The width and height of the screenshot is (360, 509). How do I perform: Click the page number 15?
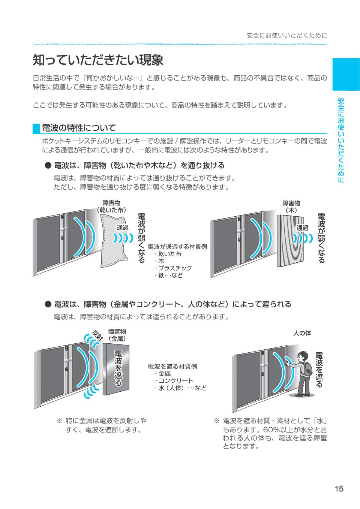pos(339,488)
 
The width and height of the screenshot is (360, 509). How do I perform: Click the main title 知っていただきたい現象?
pos(98,60)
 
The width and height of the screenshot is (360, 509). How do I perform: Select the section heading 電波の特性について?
pos(79,128)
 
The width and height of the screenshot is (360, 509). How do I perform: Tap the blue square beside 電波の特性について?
pos(36,128)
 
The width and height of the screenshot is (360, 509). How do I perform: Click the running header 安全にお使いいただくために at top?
pos(287,36)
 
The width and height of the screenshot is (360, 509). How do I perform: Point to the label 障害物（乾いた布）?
pos(111,207)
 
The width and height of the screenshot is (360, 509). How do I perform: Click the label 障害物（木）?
pos(291,207)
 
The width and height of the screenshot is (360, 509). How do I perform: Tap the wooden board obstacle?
pos(291,242)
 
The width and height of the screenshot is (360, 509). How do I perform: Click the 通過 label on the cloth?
pos(122,228)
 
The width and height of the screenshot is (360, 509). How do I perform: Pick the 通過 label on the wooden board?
pos(302,228)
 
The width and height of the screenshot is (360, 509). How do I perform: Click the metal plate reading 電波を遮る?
pos(117,369)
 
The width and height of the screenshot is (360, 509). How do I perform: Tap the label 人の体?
pos(302,333)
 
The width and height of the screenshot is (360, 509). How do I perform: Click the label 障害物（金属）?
pos(117,335)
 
